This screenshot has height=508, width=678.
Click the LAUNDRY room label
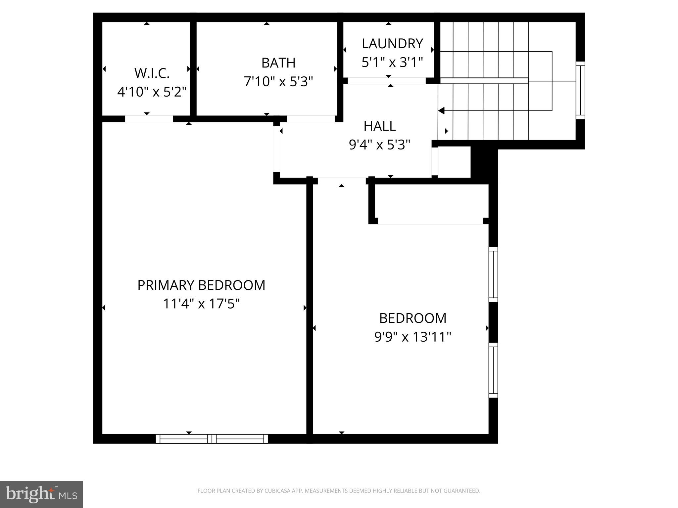click(392, 44)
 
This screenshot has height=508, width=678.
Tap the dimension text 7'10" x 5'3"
click(278, 81)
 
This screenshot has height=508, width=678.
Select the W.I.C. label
click(152, 73)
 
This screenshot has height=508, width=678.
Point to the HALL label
click(379, 126)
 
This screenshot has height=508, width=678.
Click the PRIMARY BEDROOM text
click(201, 285)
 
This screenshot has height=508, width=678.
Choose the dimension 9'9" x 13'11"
click(412, 337)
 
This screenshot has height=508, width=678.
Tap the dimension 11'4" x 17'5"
click(201, 304)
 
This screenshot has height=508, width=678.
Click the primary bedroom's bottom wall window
click(212, 439)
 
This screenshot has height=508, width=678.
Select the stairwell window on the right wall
click(580, 90)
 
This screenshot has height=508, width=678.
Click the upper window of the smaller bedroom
click(493, 275)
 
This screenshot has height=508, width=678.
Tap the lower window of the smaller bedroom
click(493, 370)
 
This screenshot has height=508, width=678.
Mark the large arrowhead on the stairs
click(441, 110)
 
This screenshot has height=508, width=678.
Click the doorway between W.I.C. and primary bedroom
click(149, 119)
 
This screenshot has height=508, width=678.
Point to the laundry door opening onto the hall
click(386, 81)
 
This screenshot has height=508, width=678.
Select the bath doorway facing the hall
click(310, 119)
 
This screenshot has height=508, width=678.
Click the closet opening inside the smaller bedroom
click(430, 221)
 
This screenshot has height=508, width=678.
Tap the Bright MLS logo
click(41, 494)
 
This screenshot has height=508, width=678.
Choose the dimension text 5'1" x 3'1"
click(392, 62)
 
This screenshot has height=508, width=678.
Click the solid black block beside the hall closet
click(484, 164)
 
